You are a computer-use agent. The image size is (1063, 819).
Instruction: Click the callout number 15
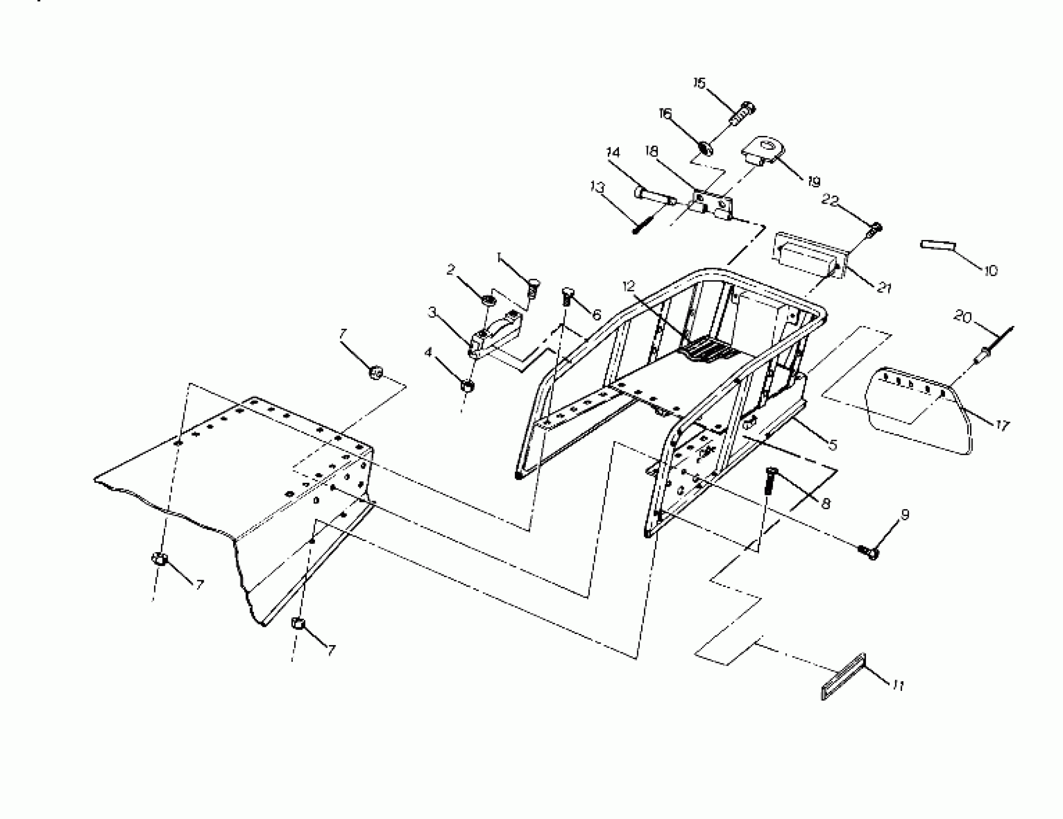pos(699,83)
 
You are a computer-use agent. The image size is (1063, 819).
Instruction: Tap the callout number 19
pos(814,182)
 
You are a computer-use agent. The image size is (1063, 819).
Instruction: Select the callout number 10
pos(990,270)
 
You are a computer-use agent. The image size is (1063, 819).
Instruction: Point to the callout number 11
pos(898,686)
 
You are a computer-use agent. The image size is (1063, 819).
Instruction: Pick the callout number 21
pos(884,288)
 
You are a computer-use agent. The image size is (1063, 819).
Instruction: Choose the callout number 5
pos(833,444)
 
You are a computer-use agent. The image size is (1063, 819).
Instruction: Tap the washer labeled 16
pos(706,147)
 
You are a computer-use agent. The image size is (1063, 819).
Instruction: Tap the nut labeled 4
pos(467,385)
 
